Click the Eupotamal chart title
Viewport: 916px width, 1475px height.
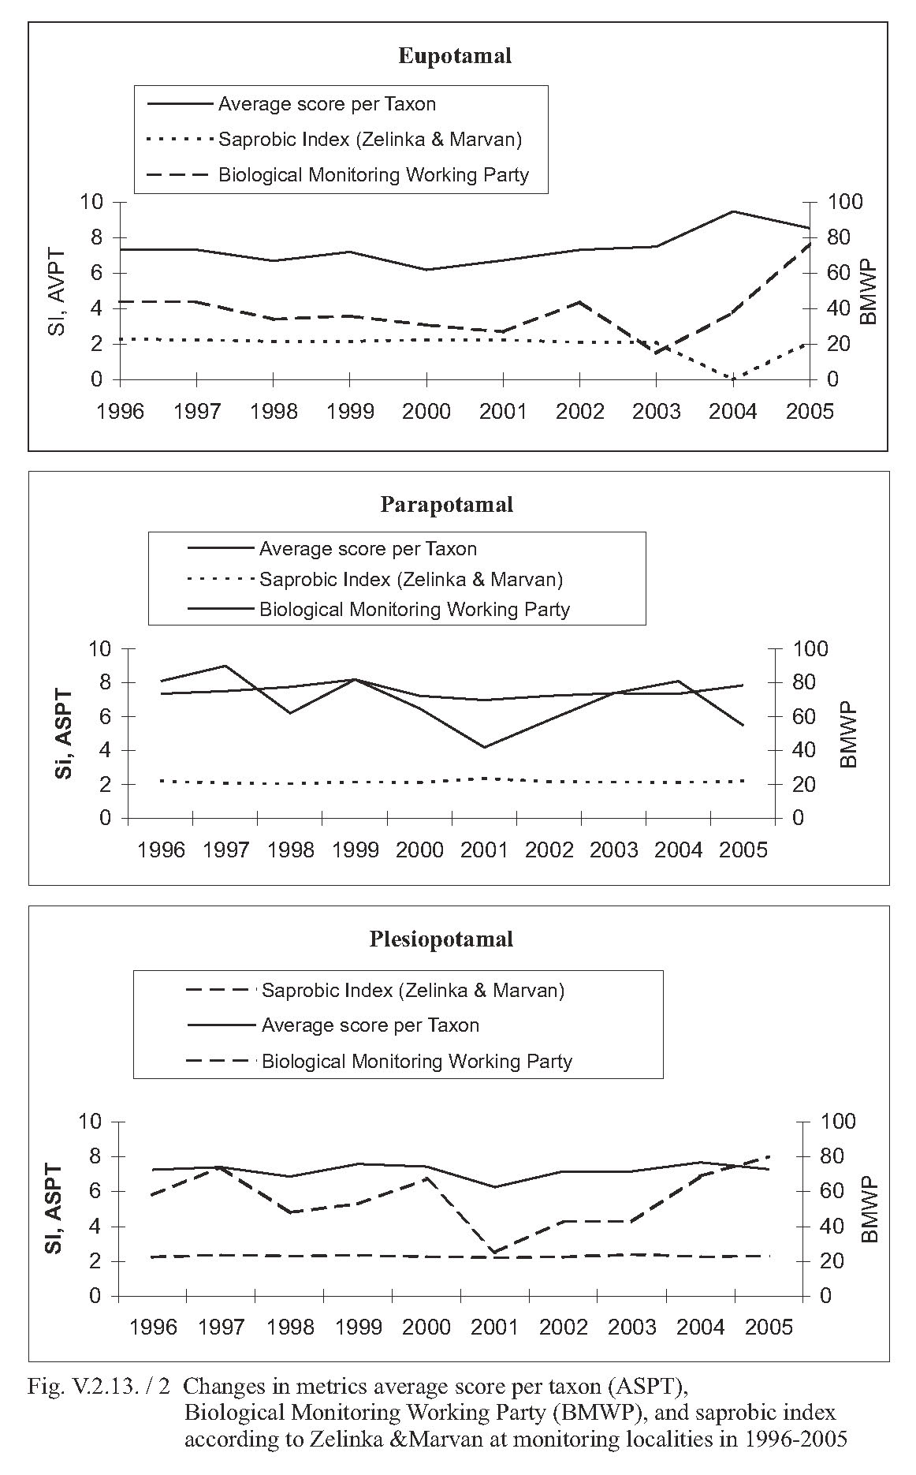[x=455, y=56]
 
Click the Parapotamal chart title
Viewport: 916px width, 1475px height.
[x=447, y=504]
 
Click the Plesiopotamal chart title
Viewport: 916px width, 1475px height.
[x=441, y=939]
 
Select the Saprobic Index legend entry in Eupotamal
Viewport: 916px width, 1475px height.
[x=370, y=140]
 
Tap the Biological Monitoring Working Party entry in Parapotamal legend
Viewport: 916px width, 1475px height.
[x=415, y=610]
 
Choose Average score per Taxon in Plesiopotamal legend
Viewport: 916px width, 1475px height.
[x=370, y=1025]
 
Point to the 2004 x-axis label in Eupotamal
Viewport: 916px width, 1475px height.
[x=734, y=412]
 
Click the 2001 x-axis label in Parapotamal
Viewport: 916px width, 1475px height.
[x=484, y=850]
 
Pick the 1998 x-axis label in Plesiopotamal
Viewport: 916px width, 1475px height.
[x=291, y=1327]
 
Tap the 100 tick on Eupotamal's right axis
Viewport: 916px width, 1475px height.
[x=845, y=203]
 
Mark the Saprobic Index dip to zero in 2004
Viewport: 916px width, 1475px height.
[x=734, y=379]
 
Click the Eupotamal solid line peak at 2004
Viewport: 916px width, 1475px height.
[x=733, y=211]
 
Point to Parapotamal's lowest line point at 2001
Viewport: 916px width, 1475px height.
[x=484, y=747]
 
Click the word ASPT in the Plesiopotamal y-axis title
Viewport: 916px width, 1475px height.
[x=54, y=1190]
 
